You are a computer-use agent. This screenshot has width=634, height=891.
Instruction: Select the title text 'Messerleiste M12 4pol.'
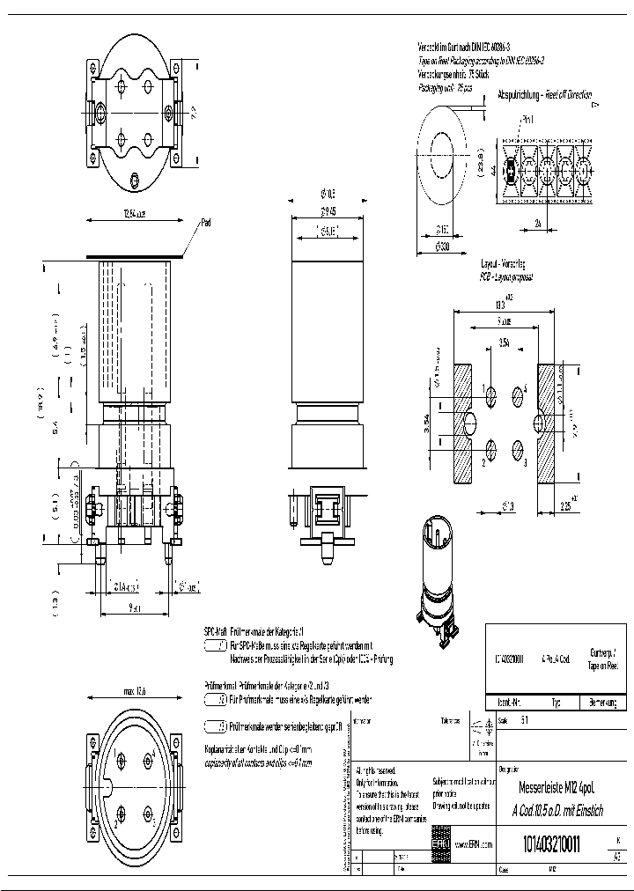551,791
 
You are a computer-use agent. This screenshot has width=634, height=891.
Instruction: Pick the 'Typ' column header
556,703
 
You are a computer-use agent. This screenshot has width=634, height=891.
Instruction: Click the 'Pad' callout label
206,222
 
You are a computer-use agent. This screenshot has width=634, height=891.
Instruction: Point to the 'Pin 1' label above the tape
528,119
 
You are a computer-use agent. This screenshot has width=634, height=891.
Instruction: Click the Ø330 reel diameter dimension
442,247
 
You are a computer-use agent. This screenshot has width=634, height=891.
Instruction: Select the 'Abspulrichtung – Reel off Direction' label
544,95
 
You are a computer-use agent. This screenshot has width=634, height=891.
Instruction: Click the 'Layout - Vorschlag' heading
502,263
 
